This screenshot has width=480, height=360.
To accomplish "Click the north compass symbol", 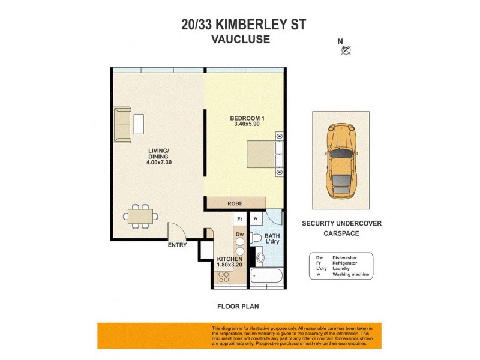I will click(x=346, y=49).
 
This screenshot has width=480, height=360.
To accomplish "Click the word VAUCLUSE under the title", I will click(x=240, y=40).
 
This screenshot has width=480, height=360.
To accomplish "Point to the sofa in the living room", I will click(x=123, y=125).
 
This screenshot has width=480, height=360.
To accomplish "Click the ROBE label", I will click(x=235, y=203).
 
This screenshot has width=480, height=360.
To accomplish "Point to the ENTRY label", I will click(x=178, y=245).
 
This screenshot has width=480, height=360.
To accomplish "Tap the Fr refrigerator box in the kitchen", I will click(x=239, y=220).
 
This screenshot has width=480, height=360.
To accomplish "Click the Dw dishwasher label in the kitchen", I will click(x=239, y=235).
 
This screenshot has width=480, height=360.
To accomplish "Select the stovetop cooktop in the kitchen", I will click(x=223, y=277).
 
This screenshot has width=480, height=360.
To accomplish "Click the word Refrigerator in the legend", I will click(x=347, y=263).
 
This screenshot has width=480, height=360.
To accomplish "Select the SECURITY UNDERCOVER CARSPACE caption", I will click(x=341, y=228).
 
